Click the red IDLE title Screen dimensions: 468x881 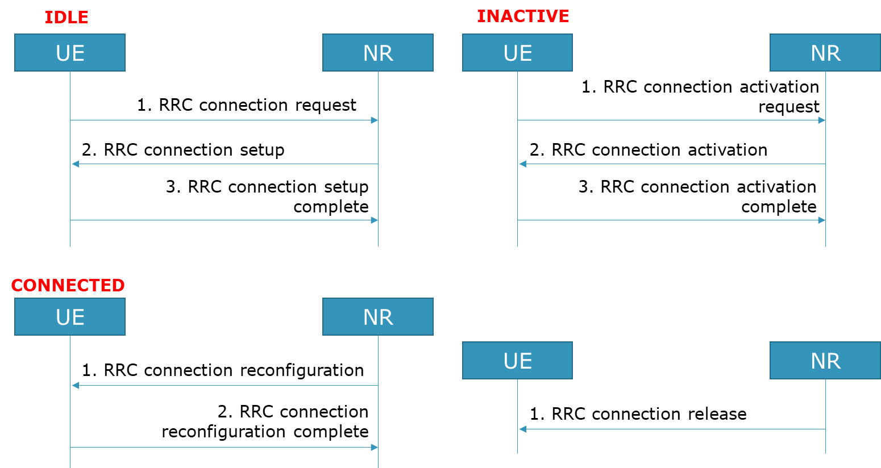(67, 17)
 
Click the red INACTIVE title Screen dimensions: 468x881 (523, 16)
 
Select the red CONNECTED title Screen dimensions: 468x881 (68, 285)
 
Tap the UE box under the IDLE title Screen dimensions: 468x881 (70, 53)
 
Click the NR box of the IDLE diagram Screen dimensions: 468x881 (378, 53)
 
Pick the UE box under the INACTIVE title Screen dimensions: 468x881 (517, 53)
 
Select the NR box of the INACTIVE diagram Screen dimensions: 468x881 (825, 53)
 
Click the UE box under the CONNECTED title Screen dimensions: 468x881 (70, 317)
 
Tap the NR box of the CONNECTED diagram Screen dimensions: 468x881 (378, 317)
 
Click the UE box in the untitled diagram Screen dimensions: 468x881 (517, 361)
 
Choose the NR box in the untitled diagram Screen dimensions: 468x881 (825, 361)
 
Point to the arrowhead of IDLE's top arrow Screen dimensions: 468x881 (374, 120)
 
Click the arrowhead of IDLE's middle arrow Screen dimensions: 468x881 (75, 164)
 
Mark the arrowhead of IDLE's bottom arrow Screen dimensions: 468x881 (374, 220)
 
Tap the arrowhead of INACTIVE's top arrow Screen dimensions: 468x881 (821, 120)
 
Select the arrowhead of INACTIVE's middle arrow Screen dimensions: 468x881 (522, 164)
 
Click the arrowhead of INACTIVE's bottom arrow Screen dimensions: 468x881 (821, 220)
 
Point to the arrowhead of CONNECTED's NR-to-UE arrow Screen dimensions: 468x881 (75, 386)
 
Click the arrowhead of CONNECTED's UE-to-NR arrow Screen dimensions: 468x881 (374, 448)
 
